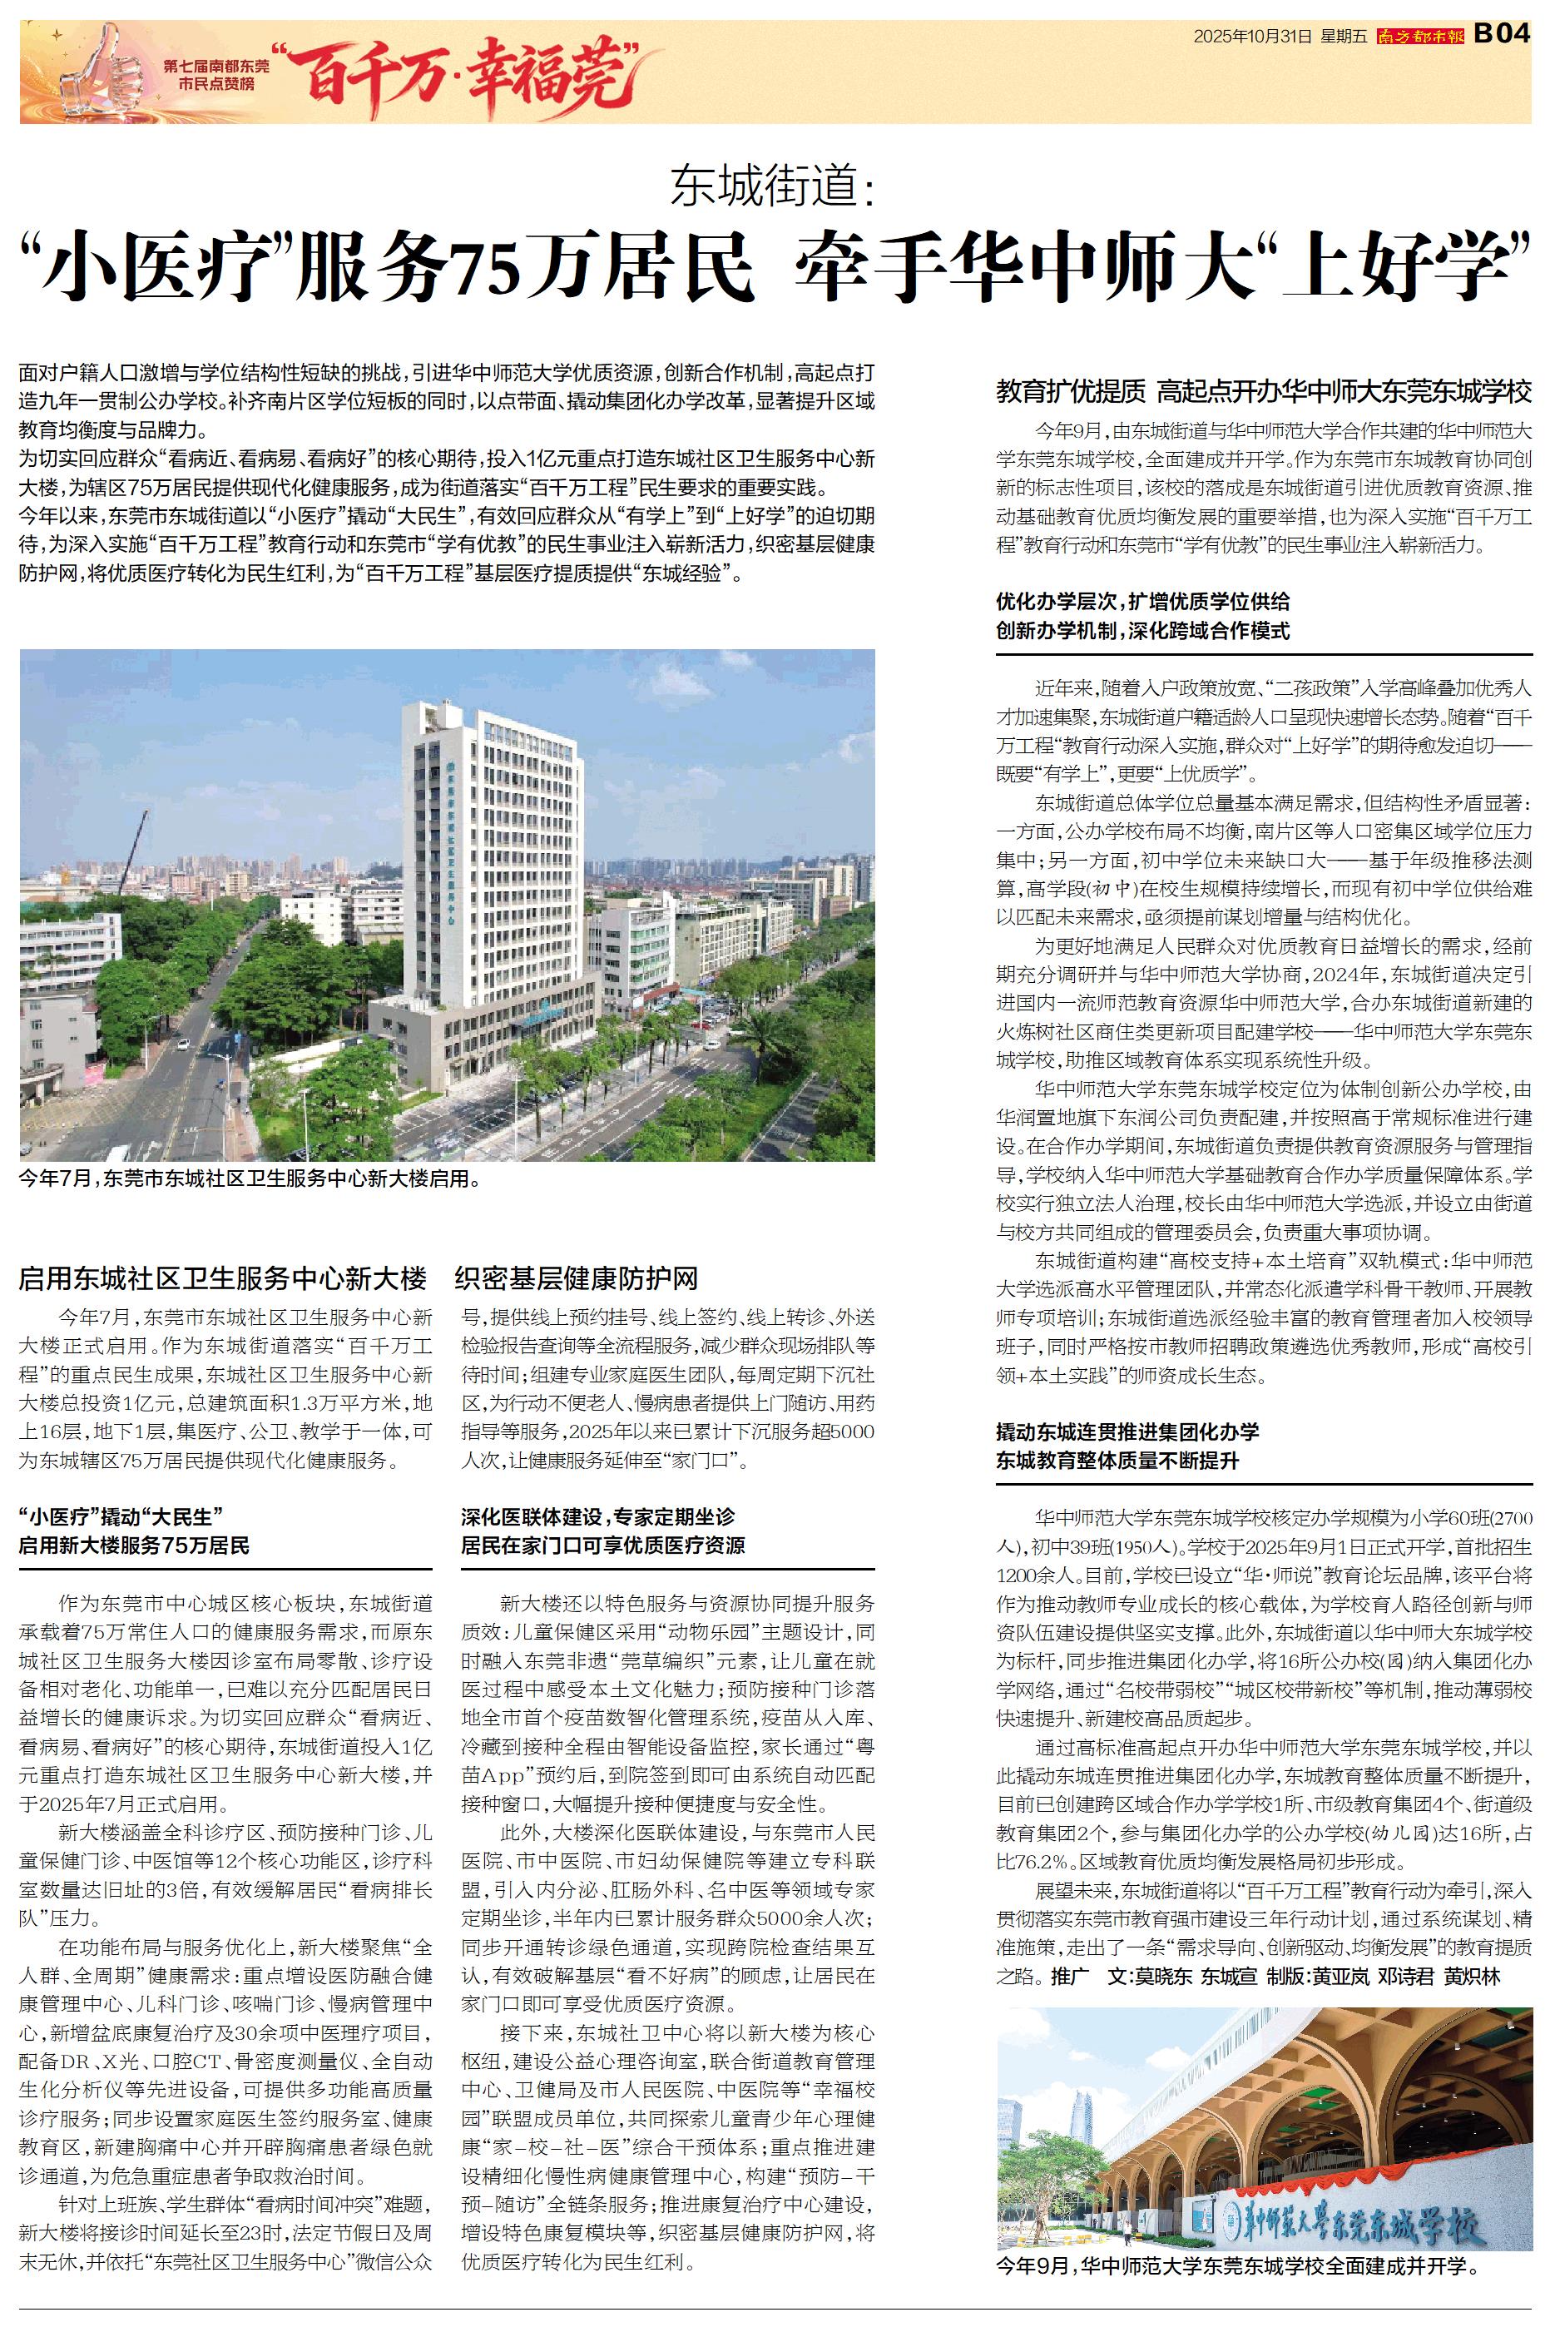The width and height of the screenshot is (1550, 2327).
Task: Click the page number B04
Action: point(1503,35)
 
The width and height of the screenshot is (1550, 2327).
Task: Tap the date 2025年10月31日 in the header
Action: point(1251,37)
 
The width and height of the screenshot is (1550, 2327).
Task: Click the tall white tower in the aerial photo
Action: point(494,850)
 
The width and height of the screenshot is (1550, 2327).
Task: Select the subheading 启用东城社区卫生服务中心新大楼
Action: point(222,1279)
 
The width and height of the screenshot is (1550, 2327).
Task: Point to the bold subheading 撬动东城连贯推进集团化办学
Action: point(1127,1431)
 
